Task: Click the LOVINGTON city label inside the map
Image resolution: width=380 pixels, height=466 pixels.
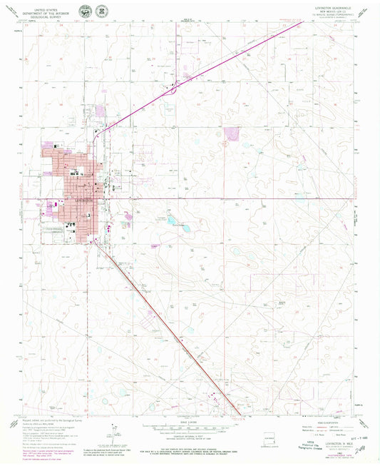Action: click(85, 202)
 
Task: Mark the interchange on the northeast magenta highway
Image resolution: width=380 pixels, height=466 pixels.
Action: click(171, 91)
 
